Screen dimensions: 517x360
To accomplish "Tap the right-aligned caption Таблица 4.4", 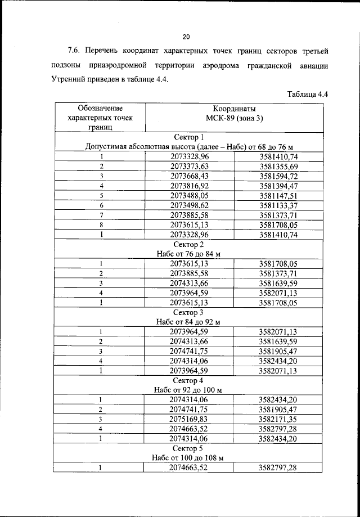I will tap(307, 94).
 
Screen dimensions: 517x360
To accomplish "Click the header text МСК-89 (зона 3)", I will tap(234, 118).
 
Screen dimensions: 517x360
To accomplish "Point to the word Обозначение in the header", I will tap(101, 107).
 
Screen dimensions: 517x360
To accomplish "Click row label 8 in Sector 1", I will tap(102, 224).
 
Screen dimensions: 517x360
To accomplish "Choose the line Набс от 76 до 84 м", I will tap(188, 254).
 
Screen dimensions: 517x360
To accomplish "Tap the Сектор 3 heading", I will tap(188, 312).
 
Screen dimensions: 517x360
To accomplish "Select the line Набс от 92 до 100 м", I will tap(188, 389).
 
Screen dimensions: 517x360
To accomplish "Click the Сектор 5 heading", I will tap(188, 448).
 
